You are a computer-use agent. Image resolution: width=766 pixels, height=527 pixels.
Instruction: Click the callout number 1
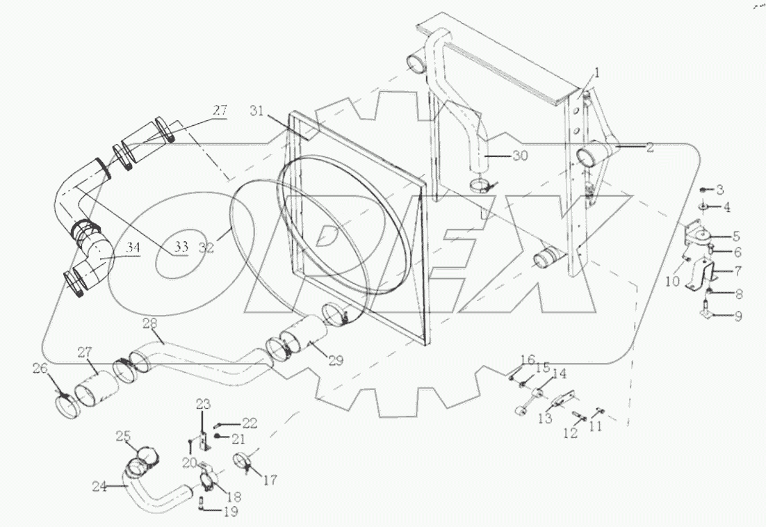pyautogui.click(x=596, y=72)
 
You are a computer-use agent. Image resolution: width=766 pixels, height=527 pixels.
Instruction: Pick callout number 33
pyautogui.click(x=181, y=246)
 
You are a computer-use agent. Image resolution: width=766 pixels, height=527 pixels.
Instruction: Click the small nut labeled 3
pyautogui.click(x=702, y=189)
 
